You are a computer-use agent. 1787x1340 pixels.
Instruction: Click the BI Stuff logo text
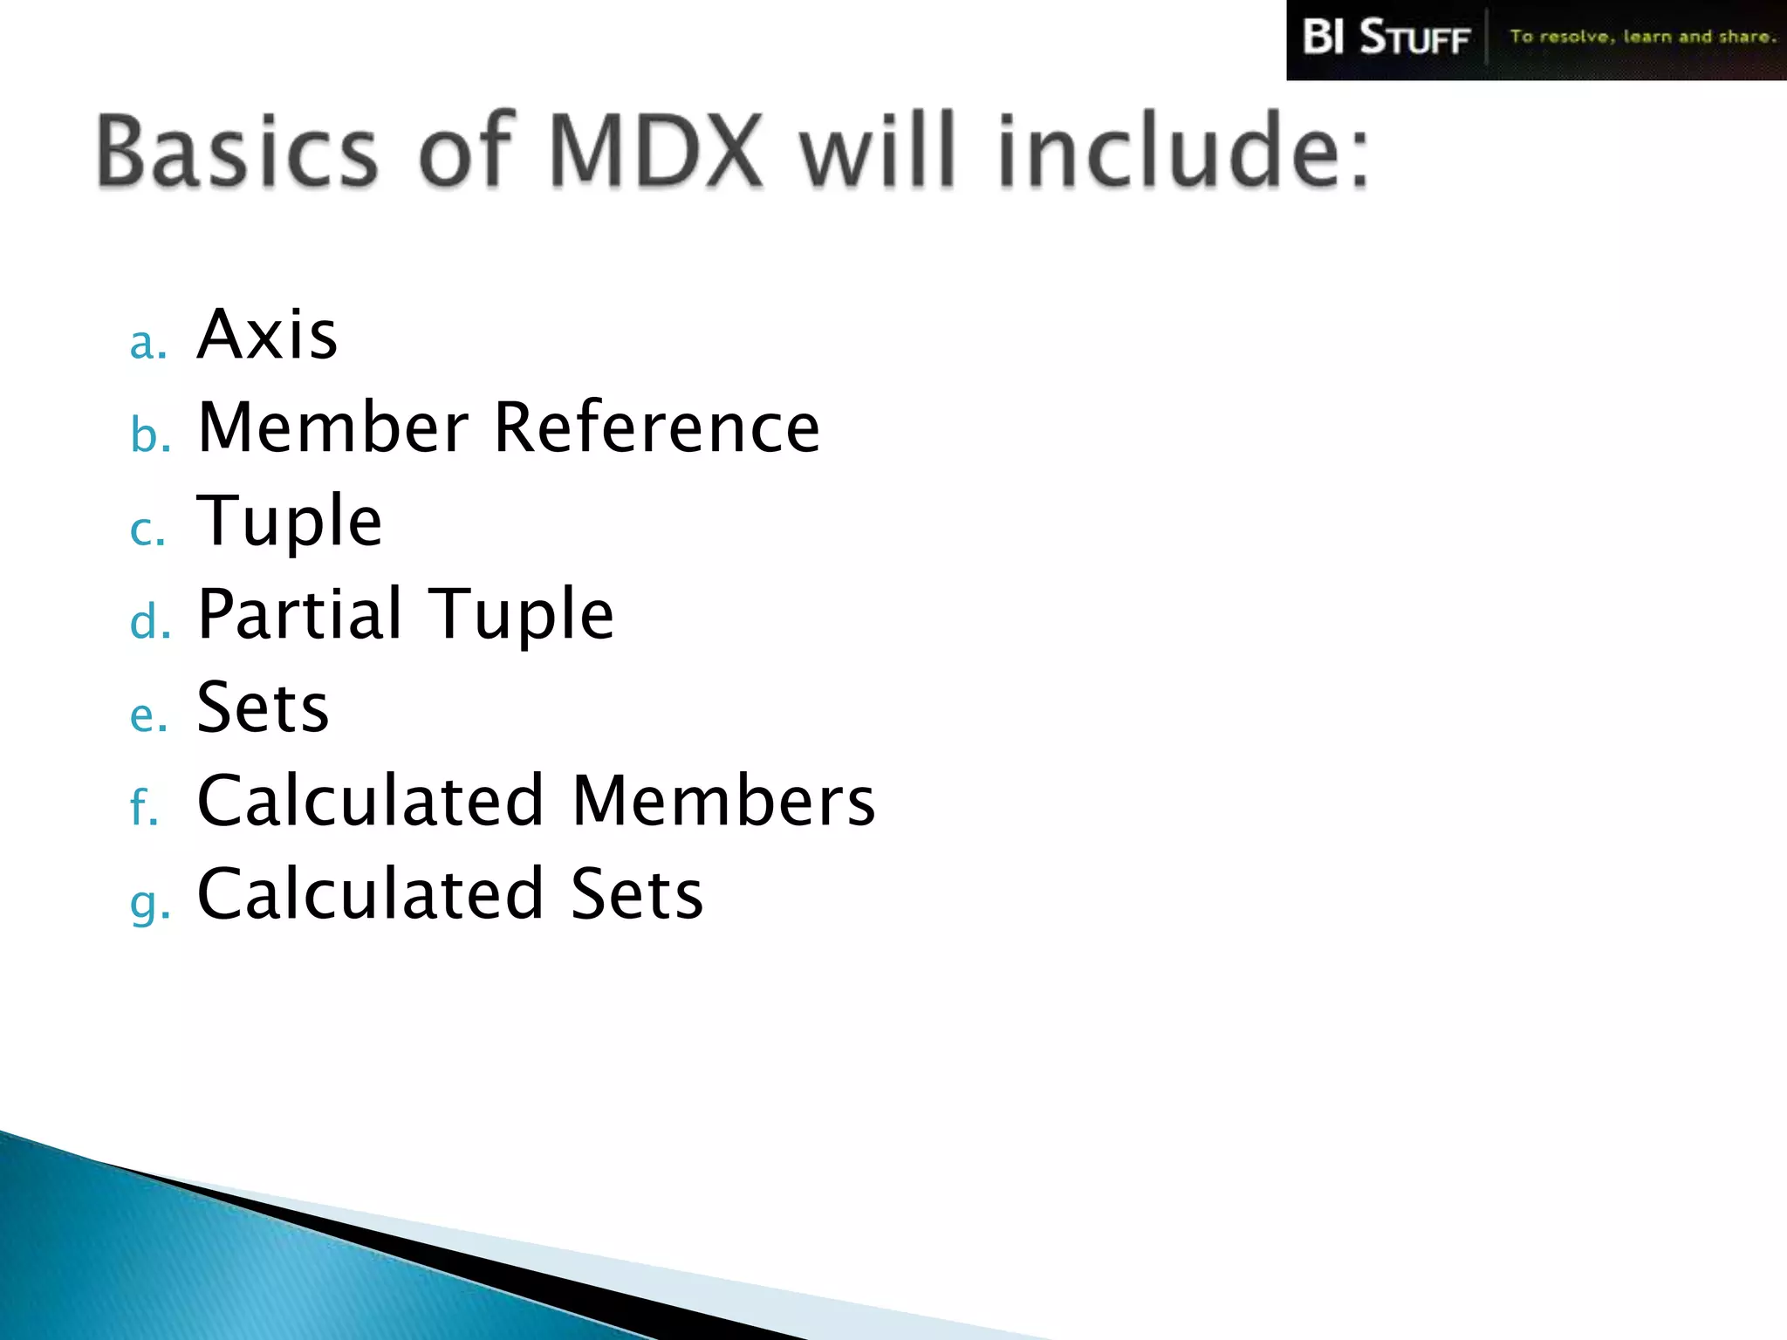pyautogui.click(x=1386, y=38)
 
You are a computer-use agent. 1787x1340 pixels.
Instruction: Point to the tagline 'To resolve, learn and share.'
pyautogui.click(x=1642, y=37)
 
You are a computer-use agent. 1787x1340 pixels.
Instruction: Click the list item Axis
pyautogui.click(x=267, y=335)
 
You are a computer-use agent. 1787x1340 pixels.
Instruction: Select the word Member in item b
pyautogui.click(x=334, y=427)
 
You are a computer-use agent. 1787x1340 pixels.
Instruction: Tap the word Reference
pyautogui.click(x=657, y=427)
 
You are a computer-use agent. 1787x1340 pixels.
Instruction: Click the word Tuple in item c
pyautogui.click(x=290, y=522)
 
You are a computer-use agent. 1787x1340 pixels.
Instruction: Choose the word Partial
pyautogui.click(x=300, y=614)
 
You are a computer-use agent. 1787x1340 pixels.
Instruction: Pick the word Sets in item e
pyautogui.click(x=263, y=708)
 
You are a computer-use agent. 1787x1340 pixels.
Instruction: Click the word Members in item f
pyautogui.click(x=723, y=801)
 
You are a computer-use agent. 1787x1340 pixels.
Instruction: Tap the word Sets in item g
pyautogui.click(x=636, y=894)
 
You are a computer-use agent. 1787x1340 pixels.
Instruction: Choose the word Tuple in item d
pyautogui.click(x=523, y=616)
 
